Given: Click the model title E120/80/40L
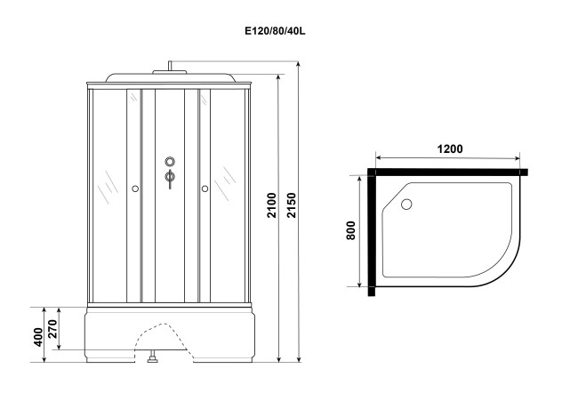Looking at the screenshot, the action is [275, 31].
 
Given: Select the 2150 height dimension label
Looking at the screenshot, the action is [292, 205].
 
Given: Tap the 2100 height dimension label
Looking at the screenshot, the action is [272, 205].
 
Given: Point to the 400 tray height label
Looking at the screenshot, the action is [38, 337].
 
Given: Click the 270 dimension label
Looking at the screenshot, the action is [52, 329].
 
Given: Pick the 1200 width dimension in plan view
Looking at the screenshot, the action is [450, 148].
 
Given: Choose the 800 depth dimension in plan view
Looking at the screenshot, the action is [350, 230].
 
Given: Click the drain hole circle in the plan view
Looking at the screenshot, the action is [406, 204].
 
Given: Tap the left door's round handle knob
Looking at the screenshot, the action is [135, 188].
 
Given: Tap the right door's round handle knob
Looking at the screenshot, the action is [205, 188].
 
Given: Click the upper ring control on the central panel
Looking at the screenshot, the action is [170, 161].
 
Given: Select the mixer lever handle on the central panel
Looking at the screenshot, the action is [170, 179].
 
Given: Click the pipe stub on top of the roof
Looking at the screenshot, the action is [170, 66].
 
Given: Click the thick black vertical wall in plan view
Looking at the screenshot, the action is [371, 232].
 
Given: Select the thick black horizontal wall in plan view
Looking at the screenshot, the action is [447, 172].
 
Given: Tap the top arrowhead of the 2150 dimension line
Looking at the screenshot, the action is [299, 64].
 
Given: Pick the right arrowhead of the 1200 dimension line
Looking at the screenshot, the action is [517, 159].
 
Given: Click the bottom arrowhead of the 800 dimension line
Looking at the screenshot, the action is [360, 284].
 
